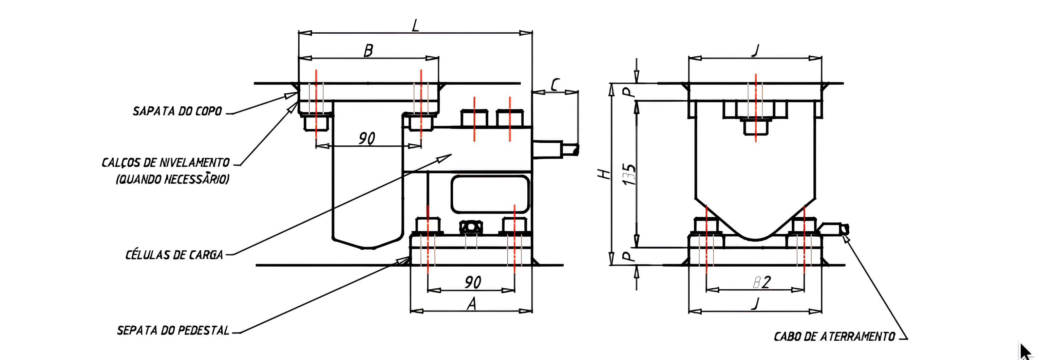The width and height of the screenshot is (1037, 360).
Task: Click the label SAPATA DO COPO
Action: [177, 111]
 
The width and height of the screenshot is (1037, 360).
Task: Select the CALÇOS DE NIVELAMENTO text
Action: [166, 163]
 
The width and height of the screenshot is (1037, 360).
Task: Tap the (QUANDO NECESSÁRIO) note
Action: [173, 179]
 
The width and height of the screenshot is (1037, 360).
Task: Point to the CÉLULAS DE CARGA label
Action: [174, 255]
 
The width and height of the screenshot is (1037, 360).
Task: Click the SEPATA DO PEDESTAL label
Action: [173, 330]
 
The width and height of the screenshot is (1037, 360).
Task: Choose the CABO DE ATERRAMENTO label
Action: [834, 336]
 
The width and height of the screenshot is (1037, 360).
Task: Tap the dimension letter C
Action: [555, 85]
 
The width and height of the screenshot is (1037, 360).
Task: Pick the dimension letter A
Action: [471, 304]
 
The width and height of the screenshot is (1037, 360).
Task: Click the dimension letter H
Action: [604, 174]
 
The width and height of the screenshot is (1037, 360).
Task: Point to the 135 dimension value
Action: [629, 174]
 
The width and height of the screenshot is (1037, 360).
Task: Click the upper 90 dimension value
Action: [367, 139]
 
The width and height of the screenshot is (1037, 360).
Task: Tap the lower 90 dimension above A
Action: [473, 282]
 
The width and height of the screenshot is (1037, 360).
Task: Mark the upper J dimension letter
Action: [756, 51]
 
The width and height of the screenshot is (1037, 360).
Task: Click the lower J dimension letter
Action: [756, 303]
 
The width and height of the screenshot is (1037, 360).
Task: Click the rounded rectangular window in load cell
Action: [490, 194]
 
